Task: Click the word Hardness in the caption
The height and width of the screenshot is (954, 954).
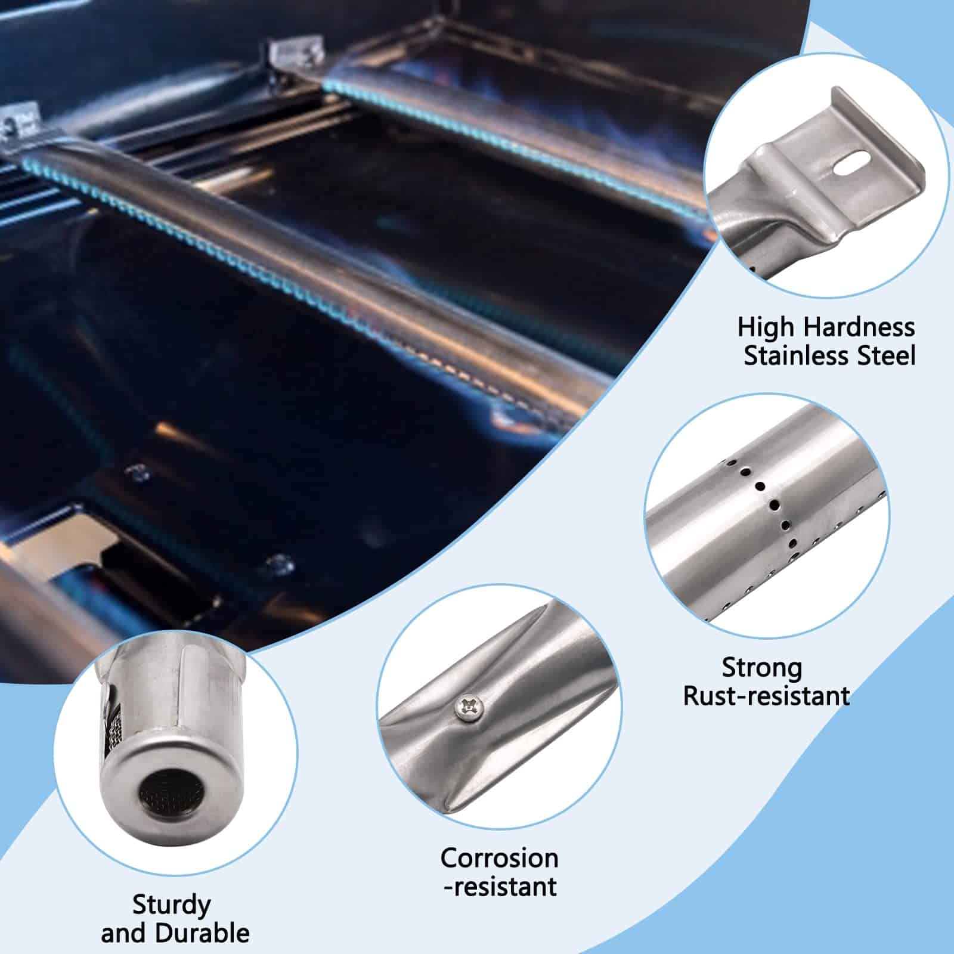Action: click(x=859, y=327)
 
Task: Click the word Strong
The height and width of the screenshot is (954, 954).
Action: click(x=761, y=669)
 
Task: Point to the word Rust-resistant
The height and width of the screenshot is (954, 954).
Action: click(x=766, y=696)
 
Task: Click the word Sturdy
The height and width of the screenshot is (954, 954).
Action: click(x=172, y=906)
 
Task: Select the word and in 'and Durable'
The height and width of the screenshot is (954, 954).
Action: click(x=123, y=933)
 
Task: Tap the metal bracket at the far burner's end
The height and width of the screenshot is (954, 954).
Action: click(x=296, y=57)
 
